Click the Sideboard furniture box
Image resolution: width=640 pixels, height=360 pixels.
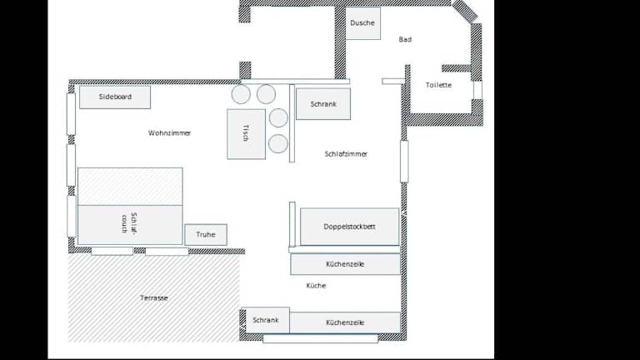coord(115,97)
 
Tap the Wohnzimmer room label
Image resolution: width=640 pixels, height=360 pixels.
coord(169,133)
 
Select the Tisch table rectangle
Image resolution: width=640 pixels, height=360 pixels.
coord(246,134)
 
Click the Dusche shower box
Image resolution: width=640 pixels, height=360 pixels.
coord(362,23)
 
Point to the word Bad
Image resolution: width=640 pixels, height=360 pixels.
coord(405,40)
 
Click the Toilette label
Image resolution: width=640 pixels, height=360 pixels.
coord(438,85)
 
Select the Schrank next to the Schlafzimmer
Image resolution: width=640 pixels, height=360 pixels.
coord(323,104)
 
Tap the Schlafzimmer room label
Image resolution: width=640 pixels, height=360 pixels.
coord(346,154)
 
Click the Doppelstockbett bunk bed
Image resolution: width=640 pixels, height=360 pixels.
coord(350,227)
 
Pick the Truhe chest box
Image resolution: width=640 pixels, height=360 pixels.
coord(206,235)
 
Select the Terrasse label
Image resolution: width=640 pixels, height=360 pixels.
coord(154,298)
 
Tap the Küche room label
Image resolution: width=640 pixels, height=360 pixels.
coord(316,286)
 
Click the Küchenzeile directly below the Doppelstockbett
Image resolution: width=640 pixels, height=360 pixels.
coord(345,264)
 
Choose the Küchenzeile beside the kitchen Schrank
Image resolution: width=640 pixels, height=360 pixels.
coord(345,322)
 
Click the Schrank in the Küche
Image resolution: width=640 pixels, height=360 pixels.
coord(266,320)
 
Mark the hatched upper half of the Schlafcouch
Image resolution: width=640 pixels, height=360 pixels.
coord(130,186)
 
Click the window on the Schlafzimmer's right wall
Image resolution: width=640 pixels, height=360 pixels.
coord(404,161)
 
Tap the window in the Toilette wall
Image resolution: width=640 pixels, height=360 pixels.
coord(477,90)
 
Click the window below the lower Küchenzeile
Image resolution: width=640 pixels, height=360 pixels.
coord(320,338)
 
